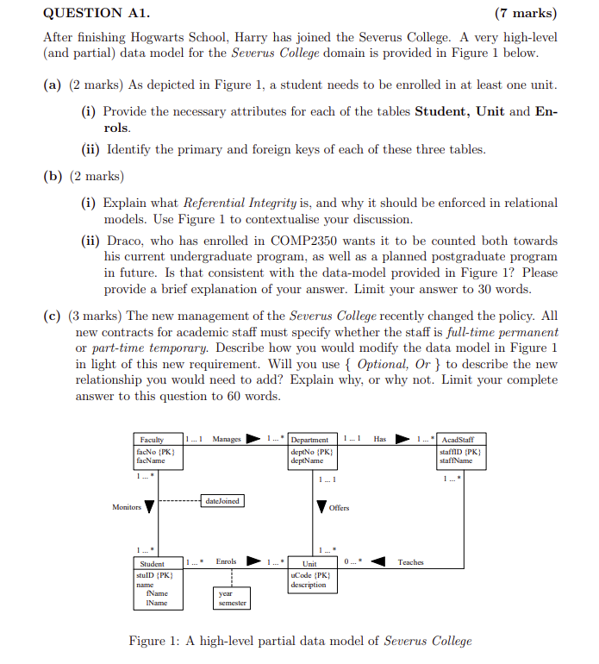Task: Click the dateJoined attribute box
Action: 223,500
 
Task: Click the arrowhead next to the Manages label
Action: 254,440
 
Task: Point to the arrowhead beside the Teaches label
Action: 377,563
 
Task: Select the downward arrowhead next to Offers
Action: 321,506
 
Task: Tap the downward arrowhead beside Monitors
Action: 150,507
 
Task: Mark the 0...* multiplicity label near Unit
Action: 352,561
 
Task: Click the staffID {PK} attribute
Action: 459,451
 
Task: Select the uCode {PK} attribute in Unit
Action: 310,574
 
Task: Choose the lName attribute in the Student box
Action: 157,603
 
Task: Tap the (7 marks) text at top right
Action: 525,13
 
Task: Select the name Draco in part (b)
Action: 122,241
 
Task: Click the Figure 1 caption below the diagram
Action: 300,641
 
